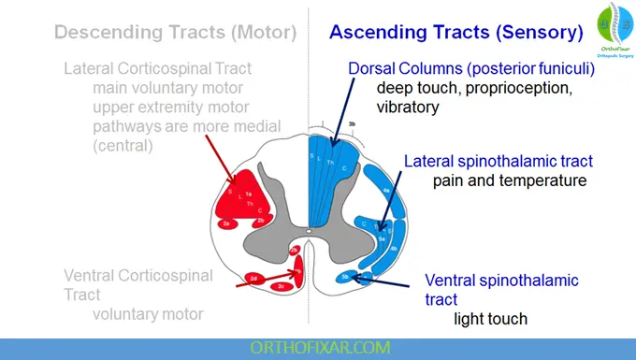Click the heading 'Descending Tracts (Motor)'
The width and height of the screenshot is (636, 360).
[176, 32]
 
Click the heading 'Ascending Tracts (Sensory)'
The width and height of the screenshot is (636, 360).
[456, 32]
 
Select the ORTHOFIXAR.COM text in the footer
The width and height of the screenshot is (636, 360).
[317, 347]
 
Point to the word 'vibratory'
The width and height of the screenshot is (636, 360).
[408, 107]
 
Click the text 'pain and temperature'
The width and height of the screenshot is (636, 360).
[509, 180]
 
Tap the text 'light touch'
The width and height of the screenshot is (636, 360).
[490, 319]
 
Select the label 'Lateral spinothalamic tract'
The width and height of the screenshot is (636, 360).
[499, 161]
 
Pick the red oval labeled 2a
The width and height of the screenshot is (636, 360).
[228, 224]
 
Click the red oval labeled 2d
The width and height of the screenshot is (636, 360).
[253, 278]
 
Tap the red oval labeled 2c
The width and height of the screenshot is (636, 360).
[282, 286]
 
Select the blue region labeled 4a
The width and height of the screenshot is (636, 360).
[387, 191]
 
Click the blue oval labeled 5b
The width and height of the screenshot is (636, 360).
[347, 277]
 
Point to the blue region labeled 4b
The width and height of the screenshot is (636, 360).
[394, 248]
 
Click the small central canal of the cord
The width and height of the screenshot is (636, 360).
[309, 227]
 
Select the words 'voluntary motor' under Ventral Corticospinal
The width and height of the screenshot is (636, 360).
[147, 313]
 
